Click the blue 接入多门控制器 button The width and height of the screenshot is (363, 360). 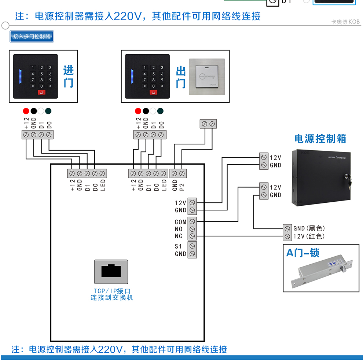[32, 36]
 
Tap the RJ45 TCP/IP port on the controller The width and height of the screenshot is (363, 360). [111, 272]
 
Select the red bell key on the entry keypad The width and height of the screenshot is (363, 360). [41, 93]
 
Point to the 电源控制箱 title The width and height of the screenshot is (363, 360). [320, 139]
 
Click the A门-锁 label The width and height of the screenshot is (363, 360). [303, 253]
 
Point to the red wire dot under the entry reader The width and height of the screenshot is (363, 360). [26, 111]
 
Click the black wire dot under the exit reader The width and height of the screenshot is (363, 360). [146, 111]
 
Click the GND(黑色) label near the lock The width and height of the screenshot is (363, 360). [309, 228]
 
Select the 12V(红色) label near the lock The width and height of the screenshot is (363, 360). [309, 236]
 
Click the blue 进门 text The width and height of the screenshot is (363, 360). [69, 76]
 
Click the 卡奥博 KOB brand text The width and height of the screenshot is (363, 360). [345, 22]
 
